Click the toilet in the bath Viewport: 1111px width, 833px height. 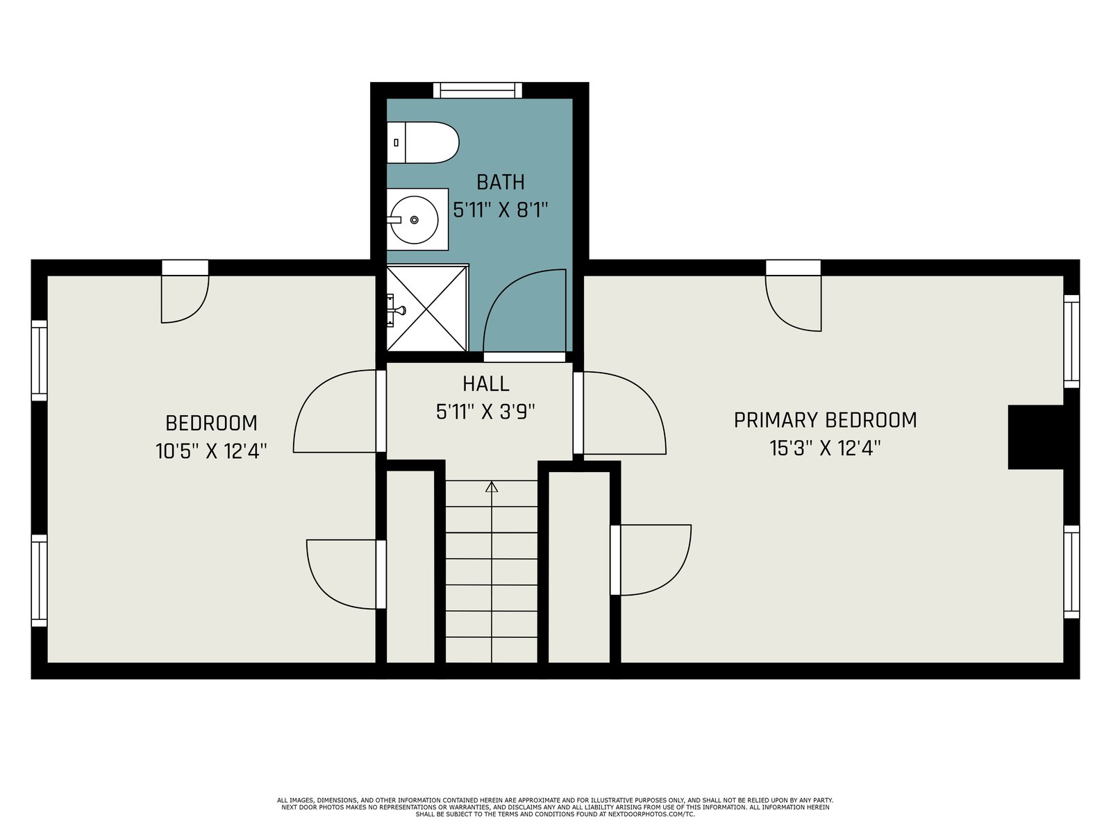click(x=423, y=142)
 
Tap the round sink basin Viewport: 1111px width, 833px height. click(x=415, y=220)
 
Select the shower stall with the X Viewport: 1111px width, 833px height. click(x=427, y=308)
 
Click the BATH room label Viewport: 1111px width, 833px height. click(x=501, y=182)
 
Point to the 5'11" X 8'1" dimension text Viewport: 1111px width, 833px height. click(x=501, y=210)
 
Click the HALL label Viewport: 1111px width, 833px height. click(x=486, y=384)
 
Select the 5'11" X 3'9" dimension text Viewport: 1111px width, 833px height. click(x=486, y=412)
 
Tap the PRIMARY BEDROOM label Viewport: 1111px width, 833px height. click(x=825, y=420)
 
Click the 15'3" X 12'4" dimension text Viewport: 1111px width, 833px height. click(x=825, y=448)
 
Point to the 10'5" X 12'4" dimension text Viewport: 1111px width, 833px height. click(x=211, y=451)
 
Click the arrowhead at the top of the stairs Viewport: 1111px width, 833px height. click(x=492, y=487)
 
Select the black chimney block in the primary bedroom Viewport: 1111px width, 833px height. click(x=1035, y=437)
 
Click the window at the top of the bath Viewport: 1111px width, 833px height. click(x=478, y=90)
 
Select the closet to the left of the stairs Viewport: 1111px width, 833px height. click(x=410, y=566)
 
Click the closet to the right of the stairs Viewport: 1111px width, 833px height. click(x=579, y=567)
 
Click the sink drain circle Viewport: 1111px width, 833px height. click(x=415, y=220)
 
